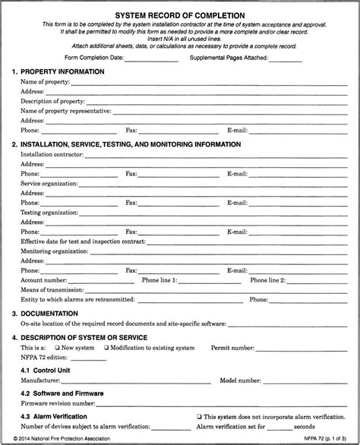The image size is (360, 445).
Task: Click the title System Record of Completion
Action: click(x=179, y=15)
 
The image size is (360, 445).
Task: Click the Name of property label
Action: click(x=45, y=80)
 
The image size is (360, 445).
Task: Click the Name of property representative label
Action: click(x=65, y=111)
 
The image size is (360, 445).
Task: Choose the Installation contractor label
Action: click(x=52, y=153)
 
